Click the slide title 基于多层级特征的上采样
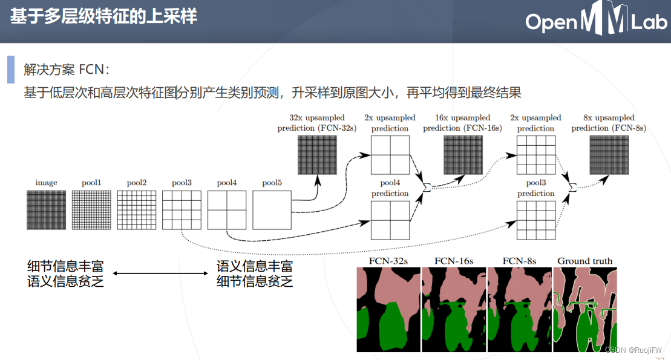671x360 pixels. point(103,16)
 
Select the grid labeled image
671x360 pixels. point(46,210)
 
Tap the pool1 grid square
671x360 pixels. point(91,210)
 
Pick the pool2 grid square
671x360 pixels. point(136,210)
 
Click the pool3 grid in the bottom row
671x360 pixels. point(182,210)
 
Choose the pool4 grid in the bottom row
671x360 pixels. point(227,210)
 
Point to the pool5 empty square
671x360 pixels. point(272,210)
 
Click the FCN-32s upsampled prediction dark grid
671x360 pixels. point(317,155)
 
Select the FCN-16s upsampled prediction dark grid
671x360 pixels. point(463,155)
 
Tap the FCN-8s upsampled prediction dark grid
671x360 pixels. point(609,155)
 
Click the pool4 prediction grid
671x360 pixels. point(390,220)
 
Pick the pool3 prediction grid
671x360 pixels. point(535,220)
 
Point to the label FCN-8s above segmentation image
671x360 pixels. point(519,261)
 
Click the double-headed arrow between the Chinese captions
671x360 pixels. point(160,273)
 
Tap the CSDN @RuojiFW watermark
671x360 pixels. point(633,350)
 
